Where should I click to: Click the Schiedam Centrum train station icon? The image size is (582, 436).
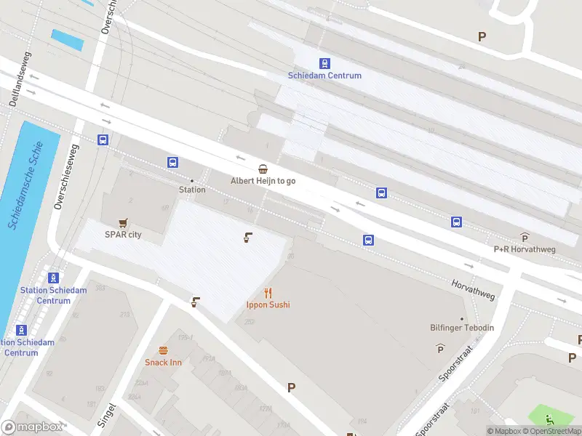(324, 63)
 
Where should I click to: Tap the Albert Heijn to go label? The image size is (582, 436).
(263, 180)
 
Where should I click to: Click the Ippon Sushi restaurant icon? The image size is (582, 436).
(268, 293)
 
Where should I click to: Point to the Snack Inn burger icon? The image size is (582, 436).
(163, 350)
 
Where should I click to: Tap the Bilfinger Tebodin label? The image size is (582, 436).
(461, 328)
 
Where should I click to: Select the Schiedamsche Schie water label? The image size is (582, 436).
(25, 186)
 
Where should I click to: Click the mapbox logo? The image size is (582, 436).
(32, 427)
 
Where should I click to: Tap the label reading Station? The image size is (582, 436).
(192, 190)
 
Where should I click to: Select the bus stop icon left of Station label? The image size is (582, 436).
(172, 162)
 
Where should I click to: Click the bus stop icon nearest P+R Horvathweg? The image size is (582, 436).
(456, 222)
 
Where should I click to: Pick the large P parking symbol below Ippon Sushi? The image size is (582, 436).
(291, 388)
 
